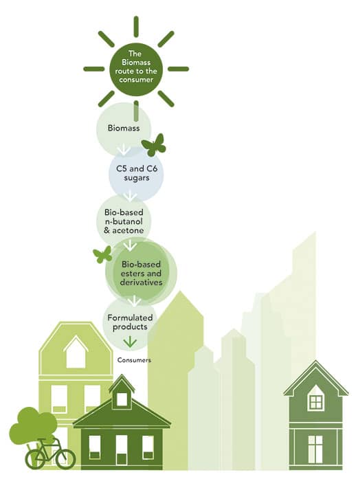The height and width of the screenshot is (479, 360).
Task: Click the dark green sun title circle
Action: click(x=136, y=69)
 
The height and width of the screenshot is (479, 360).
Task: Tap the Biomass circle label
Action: click(x=124, y=128)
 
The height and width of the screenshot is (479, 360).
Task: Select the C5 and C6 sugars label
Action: click(x=137, y=173)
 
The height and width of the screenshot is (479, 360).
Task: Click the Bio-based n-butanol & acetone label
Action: click(x=124, y=221)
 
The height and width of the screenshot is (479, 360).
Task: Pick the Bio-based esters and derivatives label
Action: click(x=141, y=274)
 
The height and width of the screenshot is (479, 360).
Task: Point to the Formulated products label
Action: click(x=130, y=322)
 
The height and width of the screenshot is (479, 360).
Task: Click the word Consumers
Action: click(x=134, y=360)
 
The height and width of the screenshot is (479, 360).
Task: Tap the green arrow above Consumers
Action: click(x=130, y=342)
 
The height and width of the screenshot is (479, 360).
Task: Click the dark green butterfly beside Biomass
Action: click(x=154, y=145)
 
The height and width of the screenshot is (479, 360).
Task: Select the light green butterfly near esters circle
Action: click(x=102, y=254)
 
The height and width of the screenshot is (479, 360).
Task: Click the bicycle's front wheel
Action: click(x=65, y=459)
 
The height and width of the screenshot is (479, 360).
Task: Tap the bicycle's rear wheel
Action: click(x=35, y=459)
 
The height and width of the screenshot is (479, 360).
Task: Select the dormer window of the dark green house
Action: click(x=122, y=399)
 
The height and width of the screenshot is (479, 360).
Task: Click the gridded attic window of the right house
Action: click(x=316, y=402)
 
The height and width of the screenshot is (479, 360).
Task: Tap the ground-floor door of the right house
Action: click(x=315, y=449)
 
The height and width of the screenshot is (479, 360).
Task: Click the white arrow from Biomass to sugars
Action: click(x=124, y=150)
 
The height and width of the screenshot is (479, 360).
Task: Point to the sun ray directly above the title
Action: click(x=136, y=27)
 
